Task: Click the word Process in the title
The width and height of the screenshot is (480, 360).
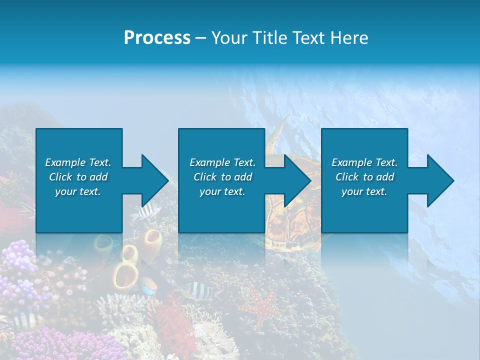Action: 157,38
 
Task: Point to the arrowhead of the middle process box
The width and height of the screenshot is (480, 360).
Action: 297,180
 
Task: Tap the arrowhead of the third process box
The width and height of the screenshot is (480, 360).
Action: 440,180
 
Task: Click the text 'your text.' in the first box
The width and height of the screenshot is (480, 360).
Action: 78,191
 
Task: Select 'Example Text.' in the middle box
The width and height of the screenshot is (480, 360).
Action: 222,162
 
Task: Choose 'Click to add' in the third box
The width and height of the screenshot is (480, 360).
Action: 365,177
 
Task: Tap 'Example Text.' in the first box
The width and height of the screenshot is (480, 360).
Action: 78,162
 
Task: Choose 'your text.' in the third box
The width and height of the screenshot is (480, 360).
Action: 364,191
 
